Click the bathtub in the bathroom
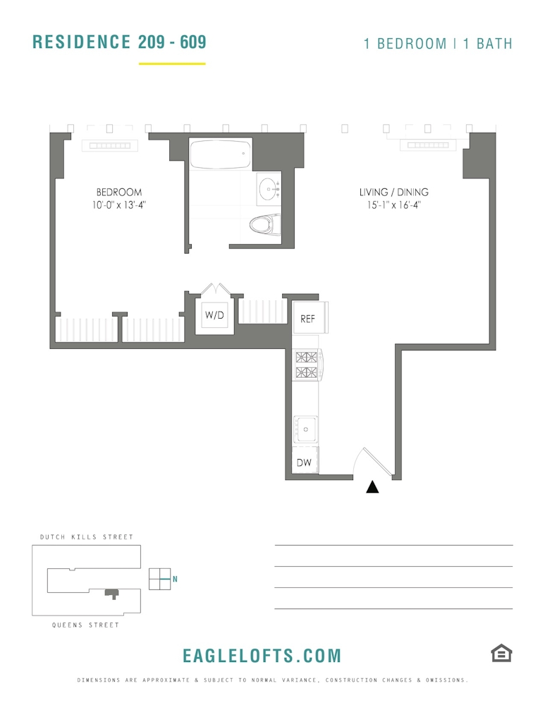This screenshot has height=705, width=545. [x=220, y=154]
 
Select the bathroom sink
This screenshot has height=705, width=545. [x=269, y=189]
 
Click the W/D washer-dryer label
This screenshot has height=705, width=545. [x=214, y=314]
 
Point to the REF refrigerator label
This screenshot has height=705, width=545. [x=307, y=319]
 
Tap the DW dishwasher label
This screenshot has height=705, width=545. [x=304, y=462]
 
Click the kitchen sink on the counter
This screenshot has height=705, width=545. [x=305, y=429]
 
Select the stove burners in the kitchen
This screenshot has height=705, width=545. [x=306, y=364]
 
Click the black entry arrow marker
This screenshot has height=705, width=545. [x=372, y=487]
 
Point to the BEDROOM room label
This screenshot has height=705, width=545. [x=119, y=192]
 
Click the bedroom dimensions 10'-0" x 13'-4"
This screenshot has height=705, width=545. [x=119, y=205]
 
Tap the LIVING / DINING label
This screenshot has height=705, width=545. [x=394, y=192]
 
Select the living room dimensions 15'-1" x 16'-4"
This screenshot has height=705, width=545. [x=394, y=205]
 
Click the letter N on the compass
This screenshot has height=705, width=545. [x=175, y=579]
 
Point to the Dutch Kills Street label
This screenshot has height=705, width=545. [x=86, y=537]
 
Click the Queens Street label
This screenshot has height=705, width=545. [x=85, y=625]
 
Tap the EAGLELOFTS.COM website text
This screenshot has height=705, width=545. [x=262, y=656]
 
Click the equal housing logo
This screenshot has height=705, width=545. [x=501, y=654]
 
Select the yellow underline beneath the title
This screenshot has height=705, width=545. [x=172, y=64]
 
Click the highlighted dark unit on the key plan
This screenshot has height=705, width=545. [x=111, y=594]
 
